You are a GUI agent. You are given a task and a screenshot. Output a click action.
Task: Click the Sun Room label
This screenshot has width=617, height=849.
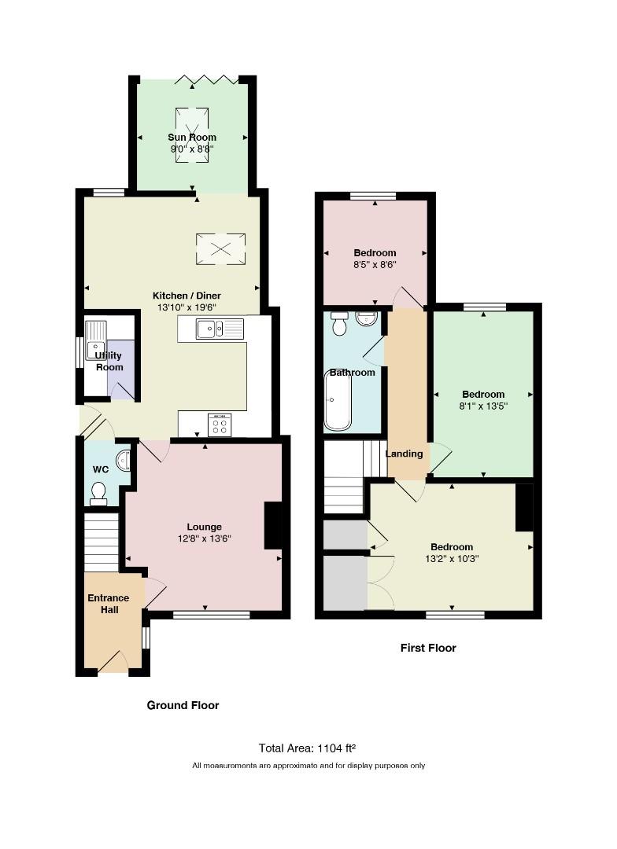[x=192, y=138]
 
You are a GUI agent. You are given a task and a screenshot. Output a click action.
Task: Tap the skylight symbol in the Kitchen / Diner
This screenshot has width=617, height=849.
[x=220, y=249]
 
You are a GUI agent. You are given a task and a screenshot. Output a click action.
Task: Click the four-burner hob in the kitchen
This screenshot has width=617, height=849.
[x=220, y=424]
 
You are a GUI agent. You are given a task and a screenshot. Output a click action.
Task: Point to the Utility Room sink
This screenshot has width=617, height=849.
[x=97, y=340]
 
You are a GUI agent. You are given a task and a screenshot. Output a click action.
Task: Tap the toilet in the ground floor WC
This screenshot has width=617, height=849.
[x=98, y=494]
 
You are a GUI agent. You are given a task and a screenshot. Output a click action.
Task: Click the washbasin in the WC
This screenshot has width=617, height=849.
[x=124, y=459]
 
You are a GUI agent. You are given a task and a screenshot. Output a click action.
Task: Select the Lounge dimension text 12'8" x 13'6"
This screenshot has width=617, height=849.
[x=205, y=538]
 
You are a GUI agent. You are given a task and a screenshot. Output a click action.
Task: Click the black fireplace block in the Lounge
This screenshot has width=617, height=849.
[x=273, y=526]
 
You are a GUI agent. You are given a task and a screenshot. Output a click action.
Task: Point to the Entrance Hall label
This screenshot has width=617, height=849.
[x=109, y=604]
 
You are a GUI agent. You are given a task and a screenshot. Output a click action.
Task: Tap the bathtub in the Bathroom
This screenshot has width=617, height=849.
[x=338, y=400]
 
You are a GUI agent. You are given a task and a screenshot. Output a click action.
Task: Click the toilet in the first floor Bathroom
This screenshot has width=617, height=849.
[x=340, y=323]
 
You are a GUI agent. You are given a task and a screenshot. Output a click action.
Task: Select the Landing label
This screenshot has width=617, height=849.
[x=404, y=454]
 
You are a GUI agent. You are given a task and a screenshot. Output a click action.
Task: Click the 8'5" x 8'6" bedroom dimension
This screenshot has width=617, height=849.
[x=375, y=265]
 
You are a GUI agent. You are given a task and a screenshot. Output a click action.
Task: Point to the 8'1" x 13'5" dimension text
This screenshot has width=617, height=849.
[x=483, y=406]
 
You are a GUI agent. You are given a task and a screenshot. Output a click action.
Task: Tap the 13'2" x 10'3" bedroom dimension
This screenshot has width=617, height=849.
[x=452, y=559]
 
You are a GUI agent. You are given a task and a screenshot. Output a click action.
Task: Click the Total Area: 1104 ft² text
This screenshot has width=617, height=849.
[x=308, y=748]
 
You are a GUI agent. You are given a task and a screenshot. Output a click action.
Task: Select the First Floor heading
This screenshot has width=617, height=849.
[x=428, y=648]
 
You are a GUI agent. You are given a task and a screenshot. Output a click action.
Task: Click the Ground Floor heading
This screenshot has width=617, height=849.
[x=183, y=705]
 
